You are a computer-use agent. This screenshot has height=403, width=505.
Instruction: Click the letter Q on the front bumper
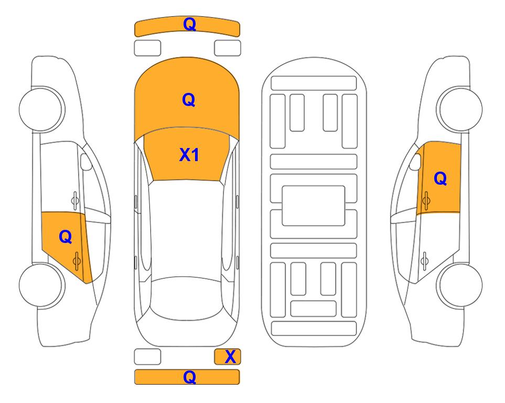[x=189, y=24]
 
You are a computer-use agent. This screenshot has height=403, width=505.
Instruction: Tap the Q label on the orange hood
[x=189, y=100]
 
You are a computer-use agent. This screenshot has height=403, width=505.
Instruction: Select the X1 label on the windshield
[x=189, y=155]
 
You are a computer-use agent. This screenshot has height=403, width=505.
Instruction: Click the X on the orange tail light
[x=230, y=357]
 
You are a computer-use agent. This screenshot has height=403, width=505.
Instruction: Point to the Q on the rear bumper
[x=189, y=377]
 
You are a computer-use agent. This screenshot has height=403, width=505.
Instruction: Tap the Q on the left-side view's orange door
[x=66, y=237]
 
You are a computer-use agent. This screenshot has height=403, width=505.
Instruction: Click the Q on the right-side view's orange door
[x=440, y=178]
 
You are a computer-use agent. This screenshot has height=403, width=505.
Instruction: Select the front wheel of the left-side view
[x=41, y=109]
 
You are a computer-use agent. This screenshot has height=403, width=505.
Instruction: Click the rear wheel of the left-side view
[x=41, y=285]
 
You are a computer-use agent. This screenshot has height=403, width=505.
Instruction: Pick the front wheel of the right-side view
[x=460, y=109]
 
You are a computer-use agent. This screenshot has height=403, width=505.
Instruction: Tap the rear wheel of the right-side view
[x=460, y=285]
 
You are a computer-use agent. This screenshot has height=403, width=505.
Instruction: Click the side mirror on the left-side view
[x=86, y=162]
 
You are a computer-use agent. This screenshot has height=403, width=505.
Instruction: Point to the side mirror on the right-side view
[x=415, y=162]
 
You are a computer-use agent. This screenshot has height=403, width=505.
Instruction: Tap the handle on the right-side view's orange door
[x=426, y=200]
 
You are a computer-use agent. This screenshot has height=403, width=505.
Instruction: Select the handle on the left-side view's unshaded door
[x=75, y=200]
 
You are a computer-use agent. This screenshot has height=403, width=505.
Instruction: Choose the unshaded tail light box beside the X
[x=147, y=357]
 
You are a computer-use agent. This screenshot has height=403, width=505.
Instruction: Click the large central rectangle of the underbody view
[x=314, y=206]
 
